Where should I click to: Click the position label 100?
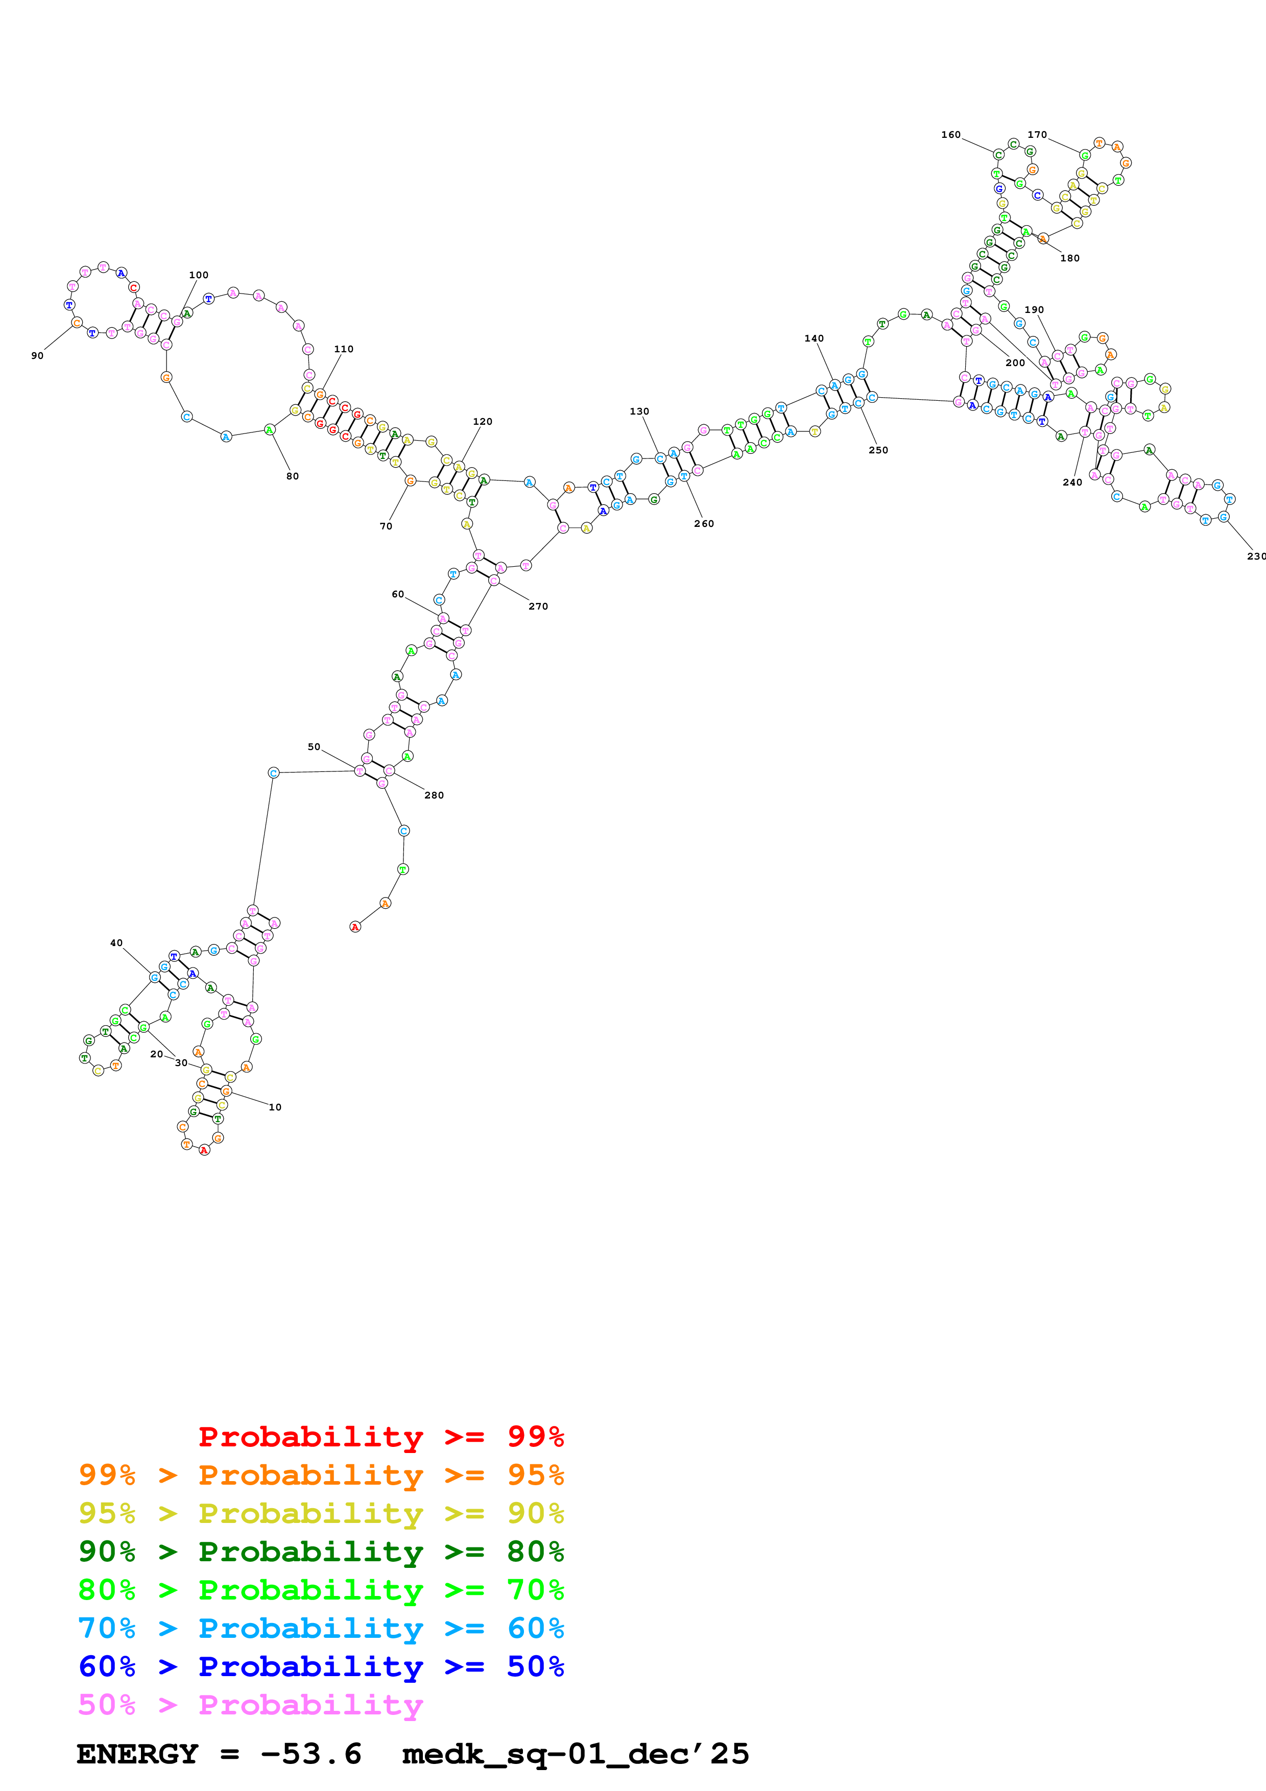click(199, 275)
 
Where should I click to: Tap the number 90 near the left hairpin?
click(37, 356)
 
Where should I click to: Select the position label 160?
click(951, 135)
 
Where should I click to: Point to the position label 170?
click(1037, 135)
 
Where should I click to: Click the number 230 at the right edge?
click(1256, 556)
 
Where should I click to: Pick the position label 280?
click(434, 795)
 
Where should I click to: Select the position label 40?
click(116, 943)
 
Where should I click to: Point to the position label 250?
click(878, 450)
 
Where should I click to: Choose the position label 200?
click(1015, 362)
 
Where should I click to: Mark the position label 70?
click(386, 526)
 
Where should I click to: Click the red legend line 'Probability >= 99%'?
click(380, 1437)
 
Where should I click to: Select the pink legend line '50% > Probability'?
click(250, 1705)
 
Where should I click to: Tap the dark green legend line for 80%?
click(321, 1552)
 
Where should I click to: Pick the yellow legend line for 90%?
click(321, 1513)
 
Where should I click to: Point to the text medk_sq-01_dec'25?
click(575, 1754)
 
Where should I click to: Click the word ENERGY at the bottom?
click(137, 1754)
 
